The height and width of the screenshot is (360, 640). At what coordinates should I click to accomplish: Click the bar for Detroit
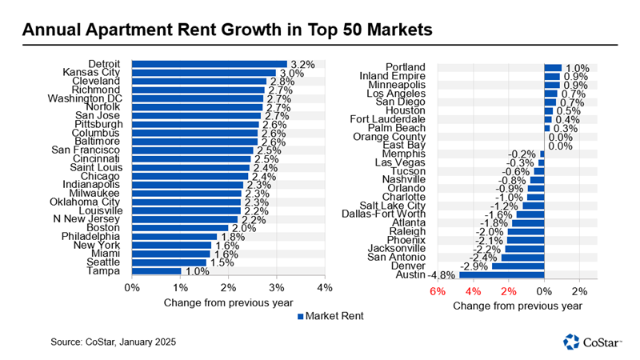coord(209,64)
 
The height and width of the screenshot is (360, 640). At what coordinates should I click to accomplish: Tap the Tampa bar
coord(156,272)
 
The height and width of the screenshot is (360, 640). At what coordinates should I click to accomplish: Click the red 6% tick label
coord(437,291)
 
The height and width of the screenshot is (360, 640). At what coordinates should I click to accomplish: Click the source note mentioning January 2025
coord(114,342)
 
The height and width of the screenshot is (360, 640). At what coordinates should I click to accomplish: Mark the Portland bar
coord(553,67)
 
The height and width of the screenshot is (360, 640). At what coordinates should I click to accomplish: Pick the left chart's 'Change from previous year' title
coord(228,303)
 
